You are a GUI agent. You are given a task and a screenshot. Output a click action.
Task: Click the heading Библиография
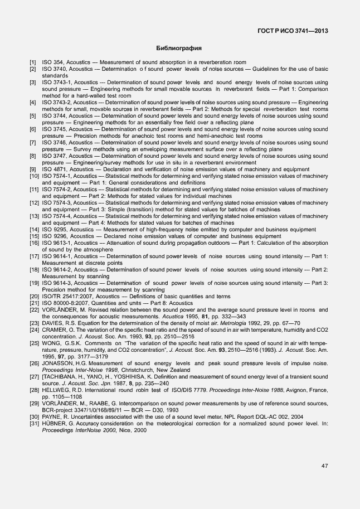pyautogui.click(x=179, y=49)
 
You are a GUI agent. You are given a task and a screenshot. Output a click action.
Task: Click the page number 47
pyautogui.click(x=324, y=466)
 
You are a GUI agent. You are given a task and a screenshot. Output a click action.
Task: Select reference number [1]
pyautogui.click(x=33, y=62)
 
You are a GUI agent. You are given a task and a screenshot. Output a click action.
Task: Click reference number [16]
pyautogui.click(x=34, y=243)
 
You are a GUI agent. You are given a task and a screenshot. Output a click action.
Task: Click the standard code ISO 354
pyautogui.click(x=51, y=62)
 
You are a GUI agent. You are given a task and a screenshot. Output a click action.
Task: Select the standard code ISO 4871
pyautogui.click(x=53, y=169)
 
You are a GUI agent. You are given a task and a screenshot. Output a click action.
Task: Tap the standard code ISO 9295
pyautogui.click(x=53, y=230)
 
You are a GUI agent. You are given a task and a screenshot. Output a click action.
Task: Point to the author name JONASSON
pyautogui.click(x=60, y=363)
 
